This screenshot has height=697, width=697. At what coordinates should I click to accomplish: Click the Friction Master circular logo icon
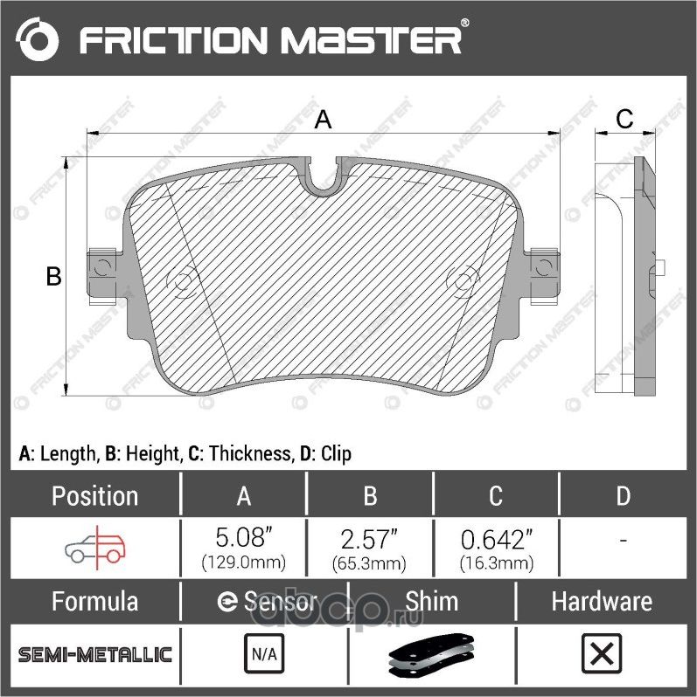pos(38,39)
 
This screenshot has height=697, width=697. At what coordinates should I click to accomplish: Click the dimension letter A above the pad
pos(323,120)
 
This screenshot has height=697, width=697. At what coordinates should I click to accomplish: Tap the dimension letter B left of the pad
pos(53,277)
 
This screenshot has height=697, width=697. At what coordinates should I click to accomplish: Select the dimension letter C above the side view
pos(624,120)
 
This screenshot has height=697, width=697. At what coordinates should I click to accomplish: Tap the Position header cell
pos(94,496)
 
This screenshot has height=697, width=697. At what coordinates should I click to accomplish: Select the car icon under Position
pos(95,547)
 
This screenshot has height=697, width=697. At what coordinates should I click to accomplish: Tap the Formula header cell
pos(94,602)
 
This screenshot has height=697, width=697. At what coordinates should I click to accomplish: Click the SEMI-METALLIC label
pos(95,654)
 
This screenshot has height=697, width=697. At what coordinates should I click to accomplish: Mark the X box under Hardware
pos(601,653)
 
